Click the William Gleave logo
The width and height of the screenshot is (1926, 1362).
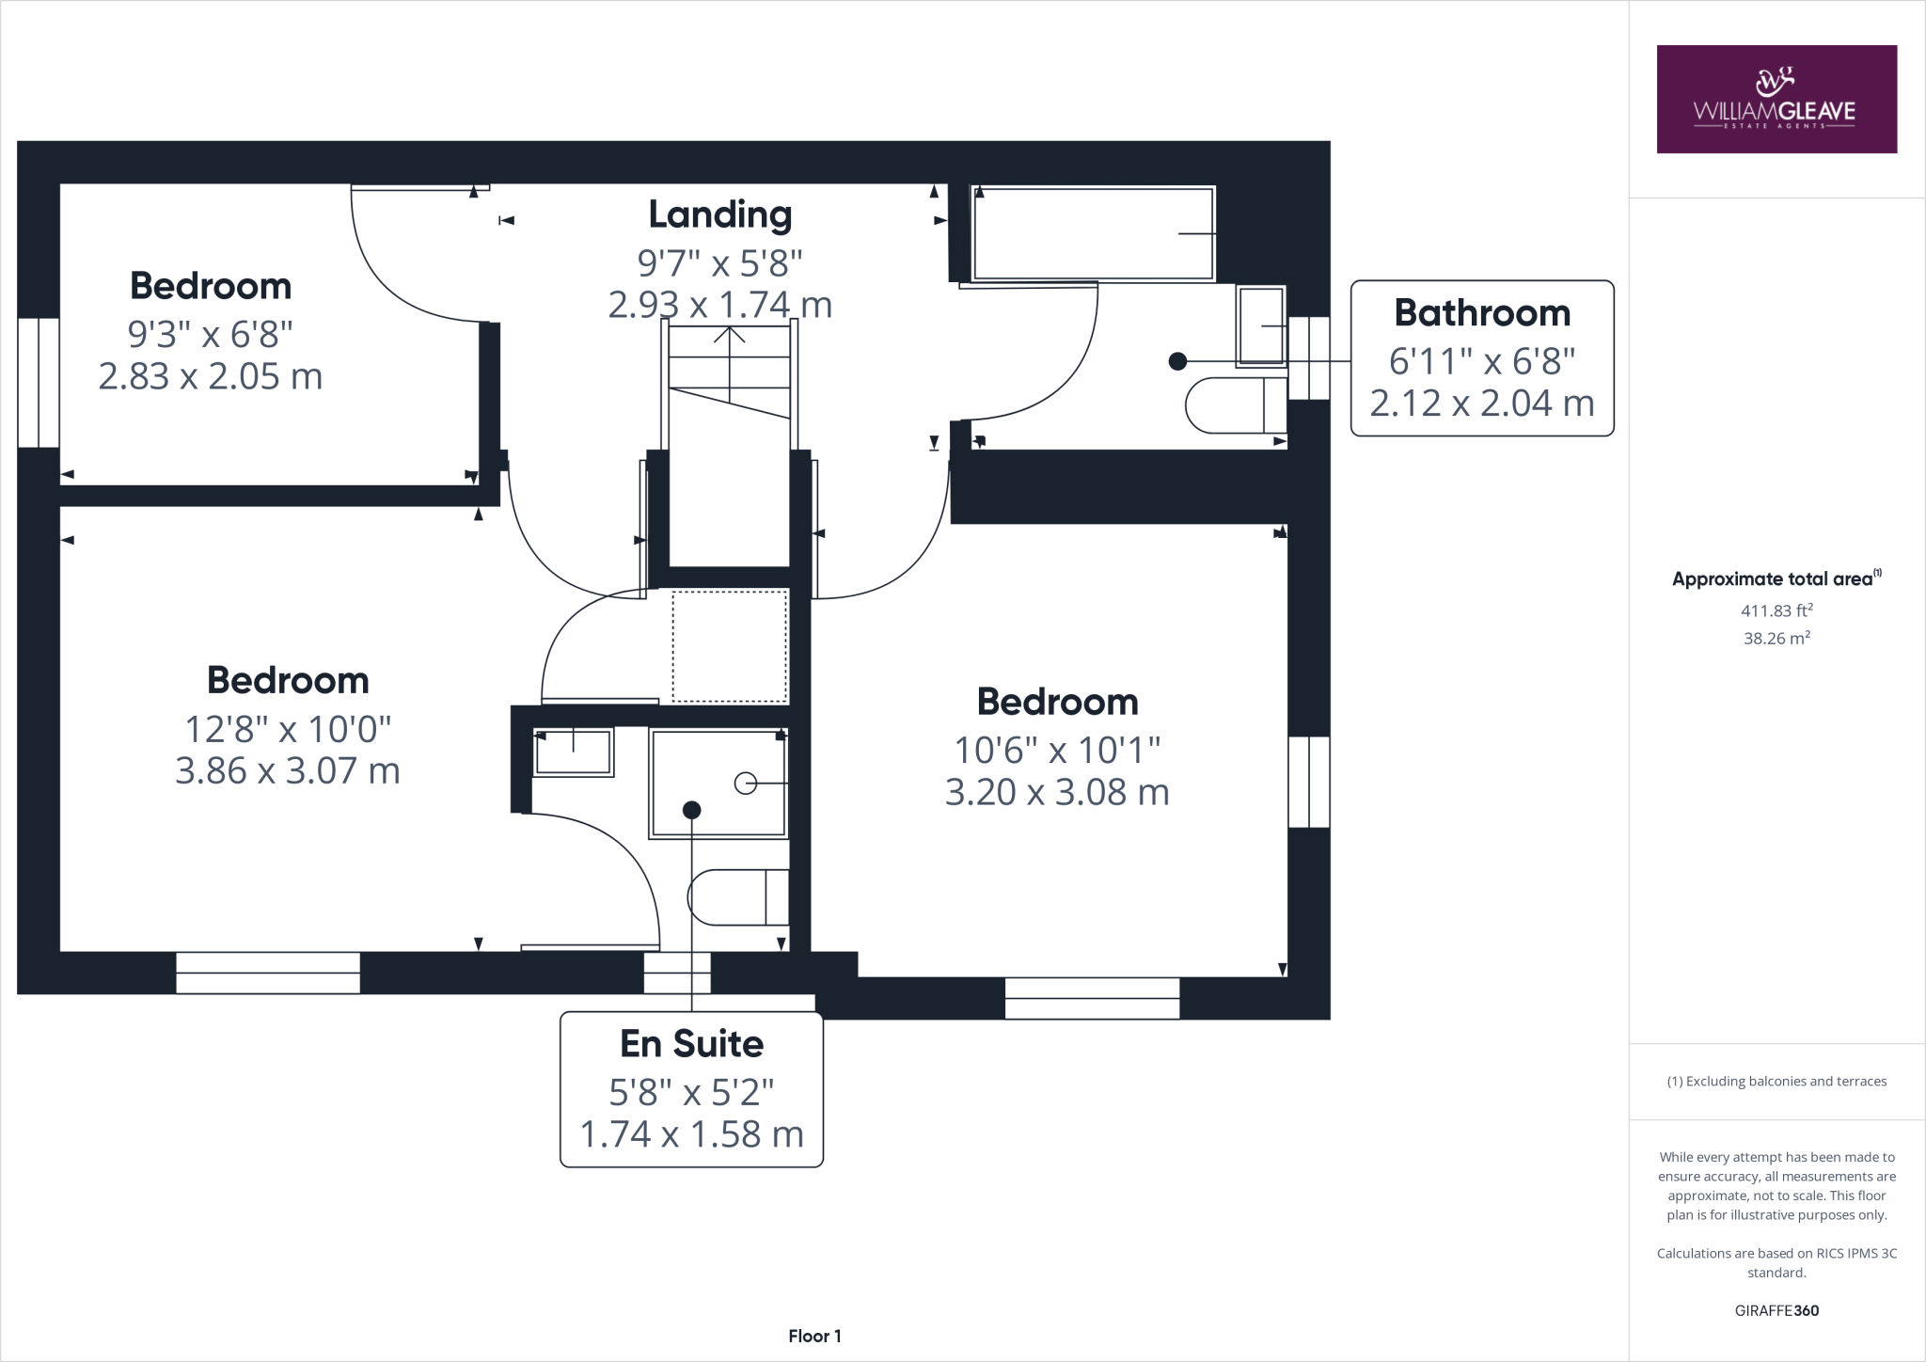point(1776,99)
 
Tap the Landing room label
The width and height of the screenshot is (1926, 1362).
point(719,214)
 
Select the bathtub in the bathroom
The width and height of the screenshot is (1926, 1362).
point(1093,233)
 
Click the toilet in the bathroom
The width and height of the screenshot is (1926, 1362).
point(1234,405)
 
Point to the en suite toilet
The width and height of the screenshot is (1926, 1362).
point(737,897)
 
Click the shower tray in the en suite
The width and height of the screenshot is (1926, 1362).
point(718,783)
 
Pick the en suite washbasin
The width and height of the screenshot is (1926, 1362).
point(573,752)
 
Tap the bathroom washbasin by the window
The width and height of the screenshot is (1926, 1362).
point(1261,325)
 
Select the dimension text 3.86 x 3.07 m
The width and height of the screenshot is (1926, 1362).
point(288,771)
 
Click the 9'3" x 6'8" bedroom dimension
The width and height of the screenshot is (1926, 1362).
point(210,333)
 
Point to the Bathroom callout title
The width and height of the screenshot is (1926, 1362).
point(1482,313)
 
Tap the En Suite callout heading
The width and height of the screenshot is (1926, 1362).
point(691,1044)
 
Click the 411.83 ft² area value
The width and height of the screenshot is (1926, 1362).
point(1776,610)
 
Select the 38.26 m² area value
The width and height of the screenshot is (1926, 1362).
point(1776,639)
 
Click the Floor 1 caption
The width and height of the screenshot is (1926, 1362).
point(814,1336)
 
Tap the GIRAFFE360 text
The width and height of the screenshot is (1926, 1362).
point(1776,1310)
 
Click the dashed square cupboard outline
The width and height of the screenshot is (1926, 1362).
point(730,646)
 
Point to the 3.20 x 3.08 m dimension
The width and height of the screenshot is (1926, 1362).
point(1057,793)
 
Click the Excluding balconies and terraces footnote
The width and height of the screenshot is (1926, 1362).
point(1776,1082)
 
